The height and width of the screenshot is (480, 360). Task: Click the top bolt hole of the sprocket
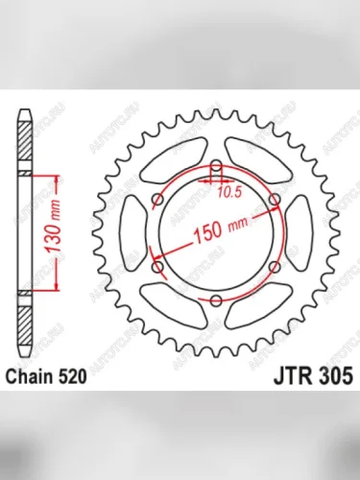pyautogui.click(x=216, y=173)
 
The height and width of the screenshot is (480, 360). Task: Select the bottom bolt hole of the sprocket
pyautogui.click(x=216, y=301)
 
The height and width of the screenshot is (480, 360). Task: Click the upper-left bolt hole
pyautogui.click(x=157, y=201)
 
